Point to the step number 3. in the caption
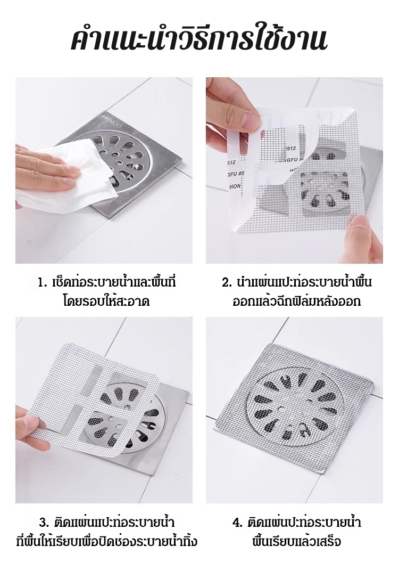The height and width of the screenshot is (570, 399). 44,523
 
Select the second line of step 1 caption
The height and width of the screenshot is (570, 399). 106,302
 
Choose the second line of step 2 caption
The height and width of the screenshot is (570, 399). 296,302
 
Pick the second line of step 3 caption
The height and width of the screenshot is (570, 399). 107,542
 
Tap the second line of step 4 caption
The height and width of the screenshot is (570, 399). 297,542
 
